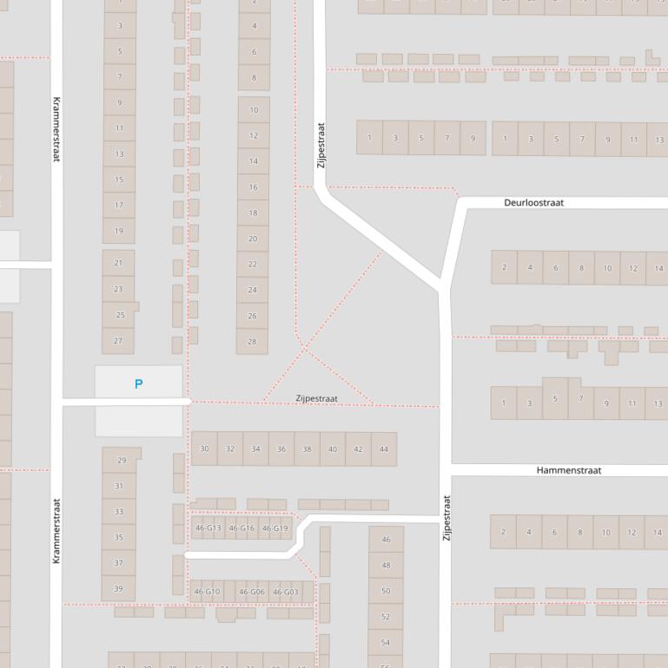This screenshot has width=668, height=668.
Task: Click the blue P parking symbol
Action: pyautogui.click(x=138, y=383)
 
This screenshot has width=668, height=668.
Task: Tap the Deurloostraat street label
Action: pyautogui.click(x=533, y=203)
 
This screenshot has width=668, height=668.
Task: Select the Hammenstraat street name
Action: pyautogui.click(x=568, y=470)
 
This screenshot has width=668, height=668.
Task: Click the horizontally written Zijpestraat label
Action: pyautogui.click(x=316, y=398)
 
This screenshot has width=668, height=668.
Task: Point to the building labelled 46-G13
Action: pyautogui.click(x=208, y=527)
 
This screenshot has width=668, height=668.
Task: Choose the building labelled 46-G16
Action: pyautogui.click(x=241, y=527)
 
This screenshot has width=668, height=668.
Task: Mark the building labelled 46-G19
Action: pyautogui.click(x=274, y=527)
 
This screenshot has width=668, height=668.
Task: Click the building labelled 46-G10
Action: pyautogui.click(x=207, y=593)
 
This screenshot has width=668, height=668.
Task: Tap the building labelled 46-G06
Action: pyautogui.click(x=251, y=593)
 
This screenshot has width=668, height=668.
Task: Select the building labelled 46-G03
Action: pyautogui.click(x=285, y=593)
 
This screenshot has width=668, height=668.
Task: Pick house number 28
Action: pyautogui.click(x=252, y=342)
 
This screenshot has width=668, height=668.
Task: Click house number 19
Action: pyautogui.click(x=119, y=232)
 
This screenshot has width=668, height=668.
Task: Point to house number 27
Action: pyautogui.click(x=119, y=341)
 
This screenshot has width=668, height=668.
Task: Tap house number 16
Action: pyautogui.click(x=253, y=187)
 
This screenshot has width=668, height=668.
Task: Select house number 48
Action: pyautogui.click(x=386, y=565)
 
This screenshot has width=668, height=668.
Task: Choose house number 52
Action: pyautogui.click(x=386, y=617)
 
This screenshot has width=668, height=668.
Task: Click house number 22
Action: pyautogui.click(x=252, y=265)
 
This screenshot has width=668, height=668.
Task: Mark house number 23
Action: pyautogui.click(x=118, y=289)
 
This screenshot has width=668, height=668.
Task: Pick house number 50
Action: pyautogui.click(x=386, y=591)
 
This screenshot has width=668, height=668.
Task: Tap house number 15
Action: pyautogui.click(x=119, y=180)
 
